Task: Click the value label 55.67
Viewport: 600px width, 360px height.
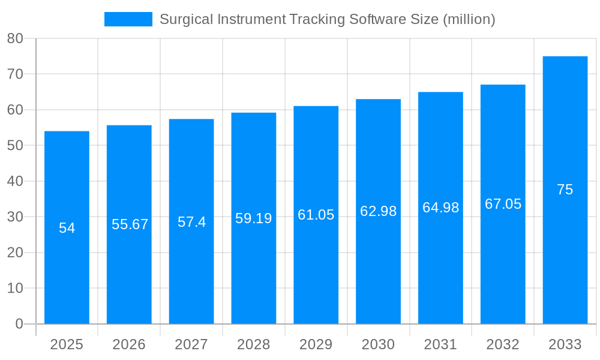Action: click(130, 224)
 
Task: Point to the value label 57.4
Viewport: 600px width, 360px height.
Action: click(191, 222)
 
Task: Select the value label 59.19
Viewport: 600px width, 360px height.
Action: click(253, 218)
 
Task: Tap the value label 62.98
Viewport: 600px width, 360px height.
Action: click(378, 211)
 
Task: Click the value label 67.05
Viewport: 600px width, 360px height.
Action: click(503, 204)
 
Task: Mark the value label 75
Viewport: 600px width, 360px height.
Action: click(565, 190)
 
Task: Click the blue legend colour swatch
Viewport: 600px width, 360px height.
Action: click(128, 19)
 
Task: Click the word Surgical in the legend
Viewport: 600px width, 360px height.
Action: click(184, 19)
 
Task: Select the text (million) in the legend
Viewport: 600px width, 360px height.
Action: click(469, 19)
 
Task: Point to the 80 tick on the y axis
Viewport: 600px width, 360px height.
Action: click(15, 38)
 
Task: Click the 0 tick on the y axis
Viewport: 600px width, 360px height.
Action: click(19, 324)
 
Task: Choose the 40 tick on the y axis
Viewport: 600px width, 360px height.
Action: click(15, 181)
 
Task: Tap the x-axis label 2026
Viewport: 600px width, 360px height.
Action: click(129, 344)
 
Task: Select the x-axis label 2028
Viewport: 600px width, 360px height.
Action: click(253, 344)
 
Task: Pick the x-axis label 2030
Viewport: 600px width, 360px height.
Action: click(378, 344)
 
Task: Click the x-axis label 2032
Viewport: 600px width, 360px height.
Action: click(503, 344)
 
